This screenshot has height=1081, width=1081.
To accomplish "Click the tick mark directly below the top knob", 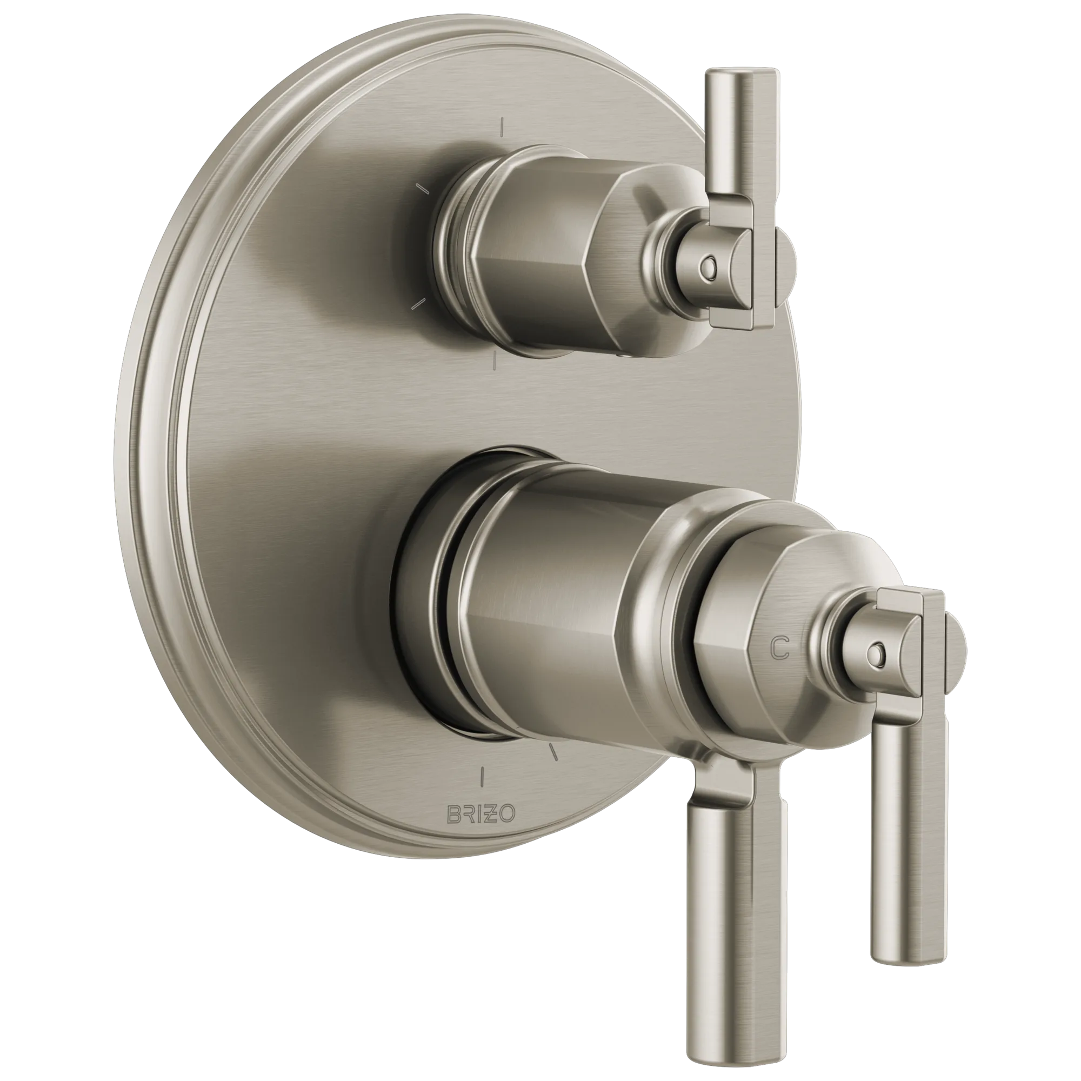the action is tap(495, 362).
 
